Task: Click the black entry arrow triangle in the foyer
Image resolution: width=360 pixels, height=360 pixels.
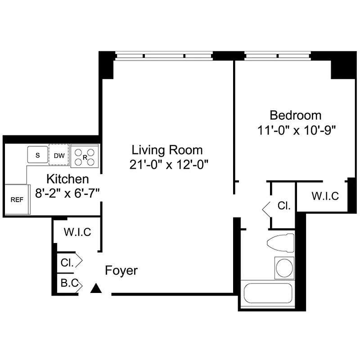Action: click(95, 288)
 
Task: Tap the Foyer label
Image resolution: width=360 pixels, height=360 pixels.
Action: click(121, 271)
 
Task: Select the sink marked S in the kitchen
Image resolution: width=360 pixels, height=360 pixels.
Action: click(38, 155)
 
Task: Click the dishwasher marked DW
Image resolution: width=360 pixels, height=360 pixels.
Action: click(59, 156)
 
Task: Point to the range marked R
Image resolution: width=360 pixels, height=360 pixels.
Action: click(85, 157)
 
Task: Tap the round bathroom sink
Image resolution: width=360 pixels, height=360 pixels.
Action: click(284, 268)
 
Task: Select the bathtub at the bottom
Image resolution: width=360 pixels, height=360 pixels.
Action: click(267, 294)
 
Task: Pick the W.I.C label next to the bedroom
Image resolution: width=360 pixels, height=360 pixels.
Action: click(325, 196)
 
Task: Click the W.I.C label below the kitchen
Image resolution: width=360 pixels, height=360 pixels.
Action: click(77, 232)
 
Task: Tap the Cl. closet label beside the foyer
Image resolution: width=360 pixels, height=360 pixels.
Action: click(67, 261)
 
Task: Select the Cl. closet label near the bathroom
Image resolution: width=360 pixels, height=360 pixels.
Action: click(283, 206)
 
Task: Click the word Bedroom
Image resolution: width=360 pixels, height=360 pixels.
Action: click(295, 115)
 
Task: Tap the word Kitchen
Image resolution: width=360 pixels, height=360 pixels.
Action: click(67, 179)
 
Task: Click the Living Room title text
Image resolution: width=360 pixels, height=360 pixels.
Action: click(167, 150)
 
